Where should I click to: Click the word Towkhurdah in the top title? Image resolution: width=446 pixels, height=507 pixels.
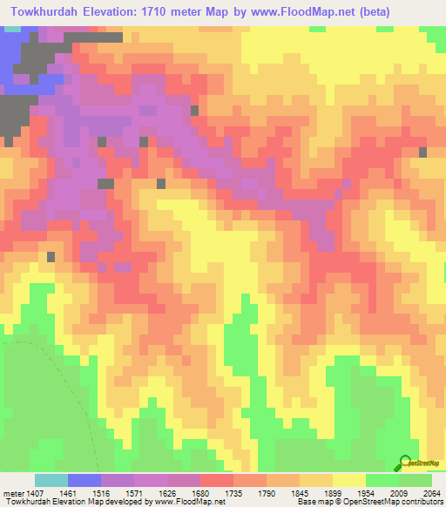[x=43, y=11]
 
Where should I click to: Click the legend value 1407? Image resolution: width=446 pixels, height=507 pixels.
[x=37, y=492]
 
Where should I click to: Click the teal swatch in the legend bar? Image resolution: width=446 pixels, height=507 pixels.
[x=51, y=480]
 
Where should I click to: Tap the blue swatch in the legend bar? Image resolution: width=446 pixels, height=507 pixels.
[x=84, y=480]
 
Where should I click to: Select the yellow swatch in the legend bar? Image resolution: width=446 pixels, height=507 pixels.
[x=349, y=480]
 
